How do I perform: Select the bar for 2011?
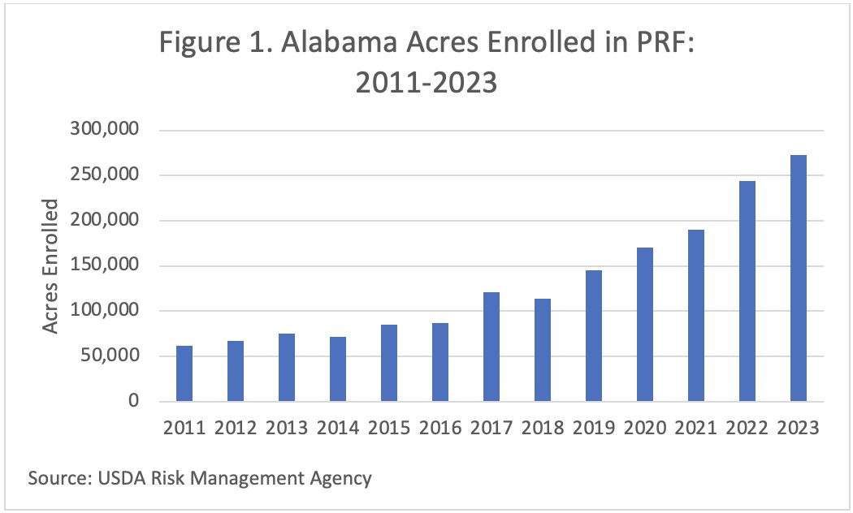[184, 373]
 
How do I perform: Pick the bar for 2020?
[644, 325]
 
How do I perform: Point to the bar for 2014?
[338, 369]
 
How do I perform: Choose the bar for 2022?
[747, 291]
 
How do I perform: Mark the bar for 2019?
[593, 336]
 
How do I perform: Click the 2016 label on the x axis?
[439, 427]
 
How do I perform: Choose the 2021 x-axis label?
[695, 427]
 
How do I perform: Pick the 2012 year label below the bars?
[236, 427]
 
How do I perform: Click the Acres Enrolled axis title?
[50, 265]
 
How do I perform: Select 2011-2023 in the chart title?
[426, 83]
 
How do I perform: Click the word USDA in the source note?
[121, 478]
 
